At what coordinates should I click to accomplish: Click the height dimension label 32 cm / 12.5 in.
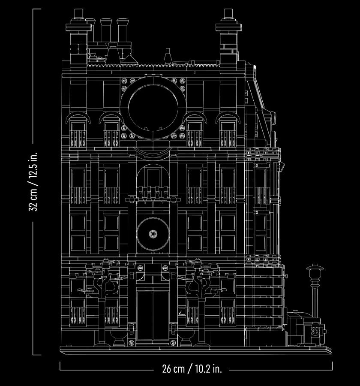33,181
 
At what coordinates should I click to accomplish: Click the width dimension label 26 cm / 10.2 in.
192,368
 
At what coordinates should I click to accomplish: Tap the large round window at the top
153,108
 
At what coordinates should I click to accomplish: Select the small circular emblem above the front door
153,234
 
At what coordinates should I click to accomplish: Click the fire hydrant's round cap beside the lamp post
315,332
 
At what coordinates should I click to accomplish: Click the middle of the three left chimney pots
106,30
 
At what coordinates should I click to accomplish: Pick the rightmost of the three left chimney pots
122,30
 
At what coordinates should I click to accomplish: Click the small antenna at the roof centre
168,56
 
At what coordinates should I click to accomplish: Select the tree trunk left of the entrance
102,320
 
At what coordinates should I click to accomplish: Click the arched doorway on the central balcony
153,180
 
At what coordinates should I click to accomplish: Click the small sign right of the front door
182,311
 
